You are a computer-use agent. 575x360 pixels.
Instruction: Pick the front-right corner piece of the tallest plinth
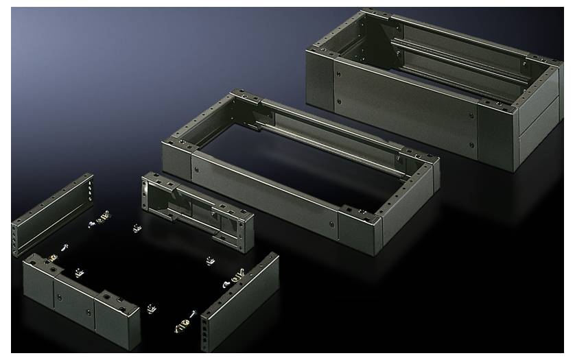coord(495,136)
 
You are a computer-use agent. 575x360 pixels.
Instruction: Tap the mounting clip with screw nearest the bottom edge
coord(184,322)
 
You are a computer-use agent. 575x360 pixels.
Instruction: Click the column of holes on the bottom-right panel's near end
coord(206,336)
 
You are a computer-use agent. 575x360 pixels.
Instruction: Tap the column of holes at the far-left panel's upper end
coord(89,185)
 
